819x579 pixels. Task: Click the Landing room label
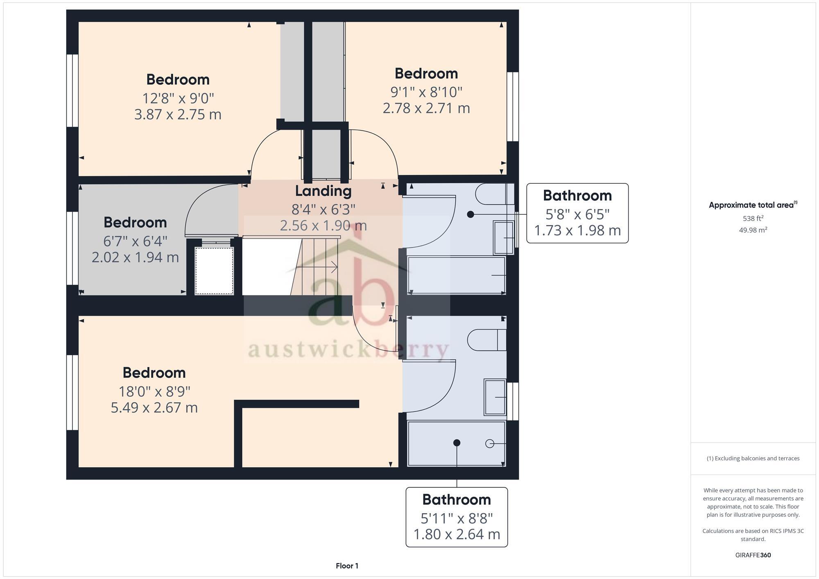323,191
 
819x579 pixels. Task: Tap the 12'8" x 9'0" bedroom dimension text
178,98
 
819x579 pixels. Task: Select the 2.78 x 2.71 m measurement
426,108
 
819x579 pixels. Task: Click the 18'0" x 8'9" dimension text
154,392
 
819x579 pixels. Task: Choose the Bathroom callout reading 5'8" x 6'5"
577,213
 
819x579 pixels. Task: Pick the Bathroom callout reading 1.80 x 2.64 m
457,517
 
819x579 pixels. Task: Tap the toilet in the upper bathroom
494,194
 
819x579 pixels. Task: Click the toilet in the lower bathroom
486,340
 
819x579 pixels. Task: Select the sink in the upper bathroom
503,238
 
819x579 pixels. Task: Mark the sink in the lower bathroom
495,397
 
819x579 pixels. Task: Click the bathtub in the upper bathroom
457,275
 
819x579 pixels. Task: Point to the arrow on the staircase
334,268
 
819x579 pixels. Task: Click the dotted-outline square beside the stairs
214,270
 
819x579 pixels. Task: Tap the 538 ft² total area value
753,219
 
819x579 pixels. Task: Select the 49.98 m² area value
753,230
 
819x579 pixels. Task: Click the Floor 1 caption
347,566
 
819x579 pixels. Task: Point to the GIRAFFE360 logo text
753,555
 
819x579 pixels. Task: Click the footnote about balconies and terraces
753,458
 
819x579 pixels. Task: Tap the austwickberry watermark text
348,350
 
